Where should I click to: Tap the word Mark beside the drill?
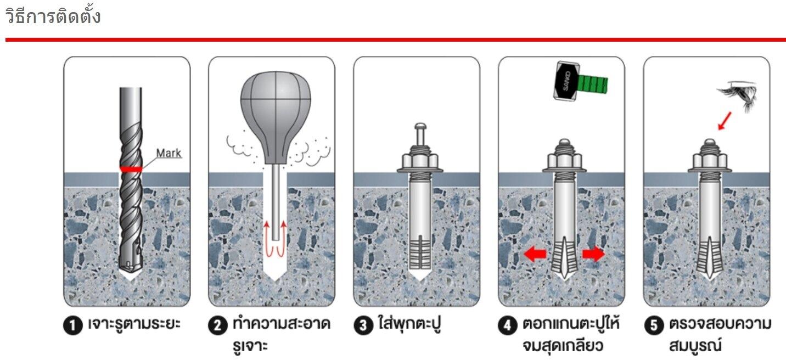(x=169, y=153)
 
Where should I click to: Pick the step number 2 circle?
(x=218, y=326)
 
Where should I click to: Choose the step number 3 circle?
(x=363, y=326)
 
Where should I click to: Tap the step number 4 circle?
(x=508, y=326)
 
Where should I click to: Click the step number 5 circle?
(x=653, y=326)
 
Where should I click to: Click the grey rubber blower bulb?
(x=276, y=118)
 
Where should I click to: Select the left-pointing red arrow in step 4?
(x=535, y=254)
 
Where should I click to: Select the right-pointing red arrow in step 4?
(x=593, y=254)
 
